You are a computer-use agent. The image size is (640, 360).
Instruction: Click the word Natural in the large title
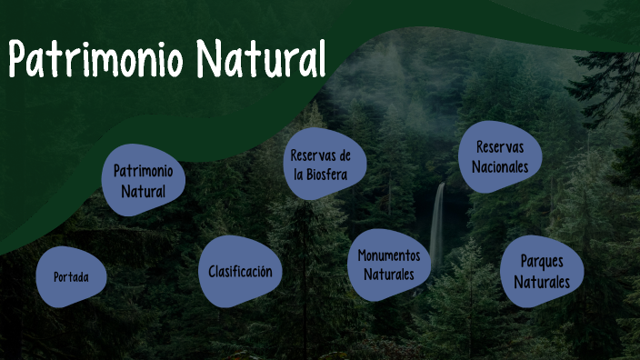[261, 60]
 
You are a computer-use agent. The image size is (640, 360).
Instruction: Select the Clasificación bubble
[239, 271]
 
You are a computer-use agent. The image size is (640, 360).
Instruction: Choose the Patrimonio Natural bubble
[144, 180]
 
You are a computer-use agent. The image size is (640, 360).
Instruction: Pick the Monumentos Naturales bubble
[388, 265]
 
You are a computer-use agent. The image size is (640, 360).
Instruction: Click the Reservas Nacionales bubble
[499, 157]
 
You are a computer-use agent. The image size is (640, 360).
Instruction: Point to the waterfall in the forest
[437, 227]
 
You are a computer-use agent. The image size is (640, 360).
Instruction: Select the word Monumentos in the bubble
[388, 255]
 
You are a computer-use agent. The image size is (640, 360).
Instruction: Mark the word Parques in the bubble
[542, 261]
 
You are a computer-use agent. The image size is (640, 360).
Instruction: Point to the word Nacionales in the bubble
[499, 167]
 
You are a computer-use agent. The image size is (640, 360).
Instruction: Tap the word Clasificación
[239, 271]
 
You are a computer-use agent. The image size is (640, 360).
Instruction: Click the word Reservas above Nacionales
[500, 146]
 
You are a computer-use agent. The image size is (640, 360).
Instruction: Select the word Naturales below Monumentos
[388, 274]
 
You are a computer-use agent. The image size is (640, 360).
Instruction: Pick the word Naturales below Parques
[542, 281]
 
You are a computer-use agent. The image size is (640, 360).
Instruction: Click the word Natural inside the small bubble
[144, 191]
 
